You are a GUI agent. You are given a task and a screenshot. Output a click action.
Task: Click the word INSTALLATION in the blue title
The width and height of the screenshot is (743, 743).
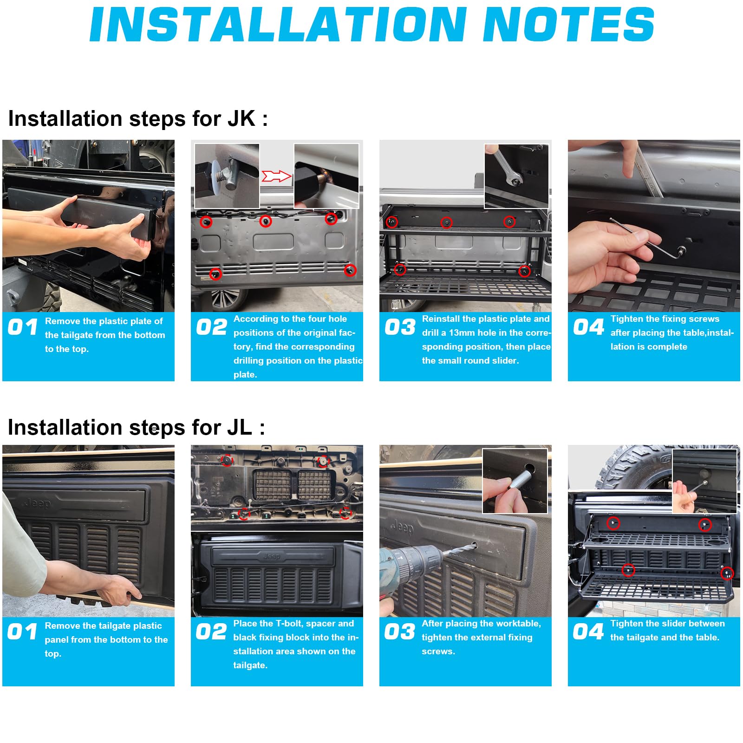(x=278, y=24)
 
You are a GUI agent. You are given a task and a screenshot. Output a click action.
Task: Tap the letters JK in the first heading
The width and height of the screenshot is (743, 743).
(x=241, y=119)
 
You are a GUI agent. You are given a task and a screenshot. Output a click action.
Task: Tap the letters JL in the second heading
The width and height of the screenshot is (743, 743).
(x=240, y=428)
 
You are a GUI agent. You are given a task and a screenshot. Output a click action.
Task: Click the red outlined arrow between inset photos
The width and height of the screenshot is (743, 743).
(x=276, y=176)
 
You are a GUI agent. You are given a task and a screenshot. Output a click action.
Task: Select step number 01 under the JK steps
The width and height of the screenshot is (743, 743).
(x=23, y=327)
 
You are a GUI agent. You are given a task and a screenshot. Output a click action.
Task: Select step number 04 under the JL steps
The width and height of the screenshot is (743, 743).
(x=588, y=632)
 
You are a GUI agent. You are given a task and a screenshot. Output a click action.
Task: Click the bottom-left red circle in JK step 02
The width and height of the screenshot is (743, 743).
(x=215, y=274)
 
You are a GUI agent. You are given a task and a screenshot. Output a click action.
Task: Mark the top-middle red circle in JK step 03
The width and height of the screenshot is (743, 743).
(x=446, y=222)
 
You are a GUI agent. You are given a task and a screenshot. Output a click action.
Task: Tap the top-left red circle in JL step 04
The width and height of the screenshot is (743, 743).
(x=613, y=523)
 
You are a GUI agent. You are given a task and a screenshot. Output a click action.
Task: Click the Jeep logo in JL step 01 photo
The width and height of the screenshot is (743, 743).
(x=38, y=502)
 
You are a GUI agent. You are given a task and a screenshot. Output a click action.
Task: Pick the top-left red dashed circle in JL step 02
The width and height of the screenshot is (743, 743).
(x=227, y=460)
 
